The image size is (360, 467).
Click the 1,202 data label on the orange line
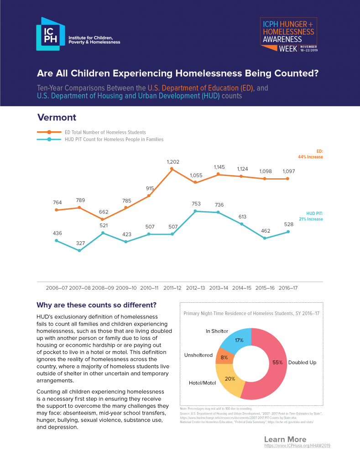pos(172,161)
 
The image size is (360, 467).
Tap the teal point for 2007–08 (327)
pos(80,250)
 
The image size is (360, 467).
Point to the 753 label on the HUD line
pos(196,203)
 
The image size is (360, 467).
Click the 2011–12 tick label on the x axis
pos(172,288)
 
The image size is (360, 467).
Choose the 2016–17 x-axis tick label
pos(288,288)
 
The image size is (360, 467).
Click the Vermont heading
pos(57,117)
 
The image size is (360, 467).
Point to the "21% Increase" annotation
pos(311,219)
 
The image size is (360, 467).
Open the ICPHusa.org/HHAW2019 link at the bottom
pos(297,446)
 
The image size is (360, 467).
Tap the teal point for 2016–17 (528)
pos(288,232)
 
